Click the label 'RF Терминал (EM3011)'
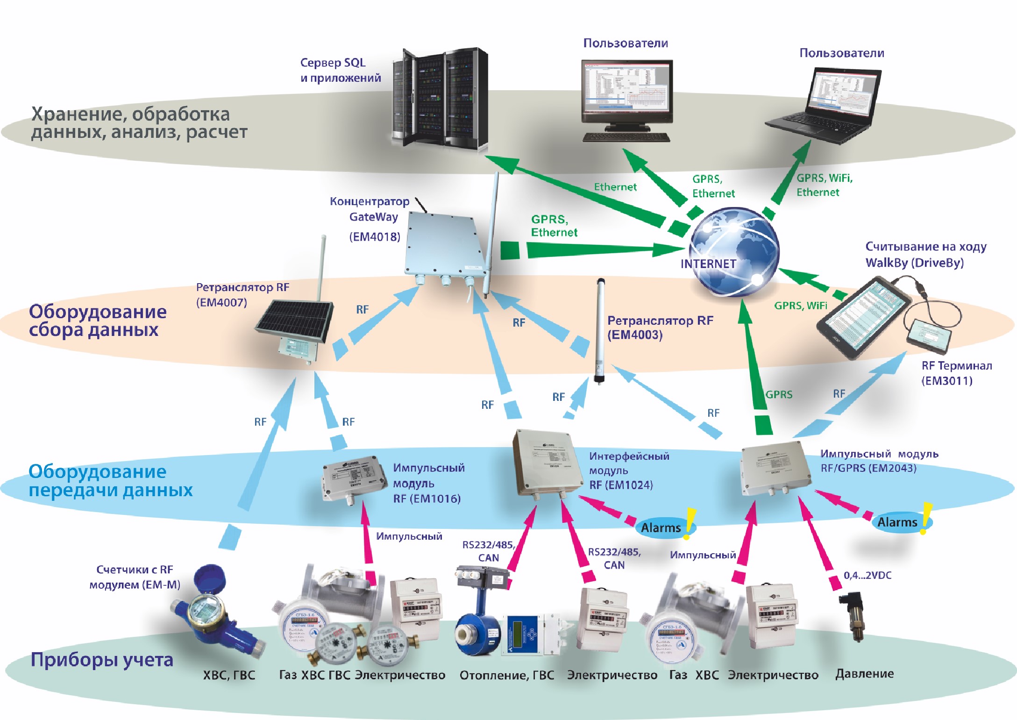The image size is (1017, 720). tap(956, 373)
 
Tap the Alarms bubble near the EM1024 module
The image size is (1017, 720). tap(661, 528)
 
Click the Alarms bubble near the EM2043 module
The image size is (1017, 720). tap(897, 522)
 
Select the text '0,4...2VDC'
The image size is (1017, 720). tap(868, 576)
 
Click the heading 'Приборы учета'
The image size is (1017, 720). tap(102, 660)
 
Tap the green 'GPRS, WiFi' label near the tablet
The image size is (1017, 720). tap(800, 306)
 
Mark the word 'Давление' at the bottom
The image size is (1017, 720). tap(864, 674)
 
